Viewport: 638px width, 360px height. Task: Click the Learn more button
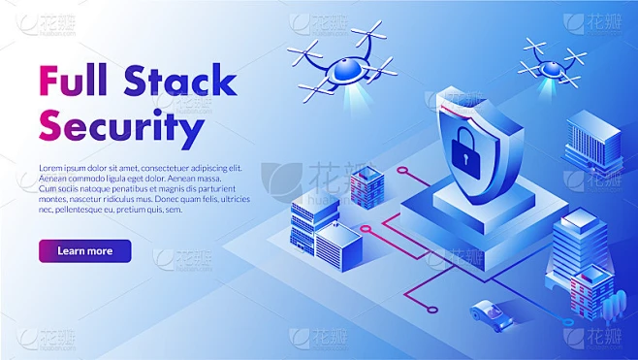coord(84,251)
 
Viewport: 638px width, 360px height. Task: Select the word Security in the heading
coord(121,126)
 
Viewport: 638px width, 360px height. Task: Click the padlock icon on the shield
coord(463,151)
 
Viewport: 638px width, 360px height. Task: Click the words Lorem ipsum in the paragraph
coord(69,168)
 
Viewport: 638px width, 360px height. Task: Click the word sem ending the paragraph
coord(174,209)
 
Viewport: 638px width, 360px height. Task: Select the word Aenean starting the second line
coord(52,179)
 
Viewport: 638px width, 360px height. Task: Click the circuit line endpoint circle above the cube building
coord(402,170)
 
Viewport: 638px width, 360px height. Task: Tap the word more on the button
coord(100,251)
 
